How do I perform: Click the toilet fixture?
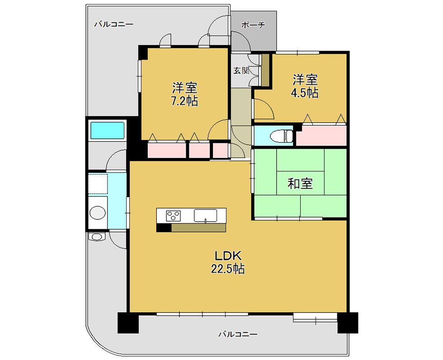point(281,136)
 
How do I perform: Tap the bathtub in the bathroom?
point(107,130)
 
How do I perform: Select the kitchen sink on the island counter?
point(205,216)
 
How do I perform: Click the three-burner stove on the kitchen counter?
point(173,216)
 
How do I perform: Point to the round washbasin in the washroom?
point(98,213)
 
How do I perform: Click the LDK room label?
point(228,256)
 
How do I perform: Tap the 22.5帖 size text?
point(228,269)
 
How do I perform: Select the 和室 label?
point(300,184)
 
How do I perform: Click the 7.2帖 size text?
point(184,101)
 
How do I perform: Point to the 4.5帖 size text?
point(305,93)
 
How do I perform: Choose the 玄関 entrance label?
point(241,71)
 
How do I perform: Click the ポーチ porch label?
point(254,25)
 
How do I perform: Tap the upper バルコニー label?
point(113,24)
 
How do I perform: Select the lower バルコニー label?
point(238,334)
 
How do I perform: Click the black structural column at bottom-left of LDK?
point(128,323)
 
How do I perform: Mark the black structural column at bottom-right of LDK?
point(348,323)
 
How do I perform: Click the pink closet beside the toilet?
point(321,135)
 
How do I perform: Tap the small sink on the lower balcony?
point(97,236)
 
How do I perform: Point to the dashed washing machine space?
point(98,184)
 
